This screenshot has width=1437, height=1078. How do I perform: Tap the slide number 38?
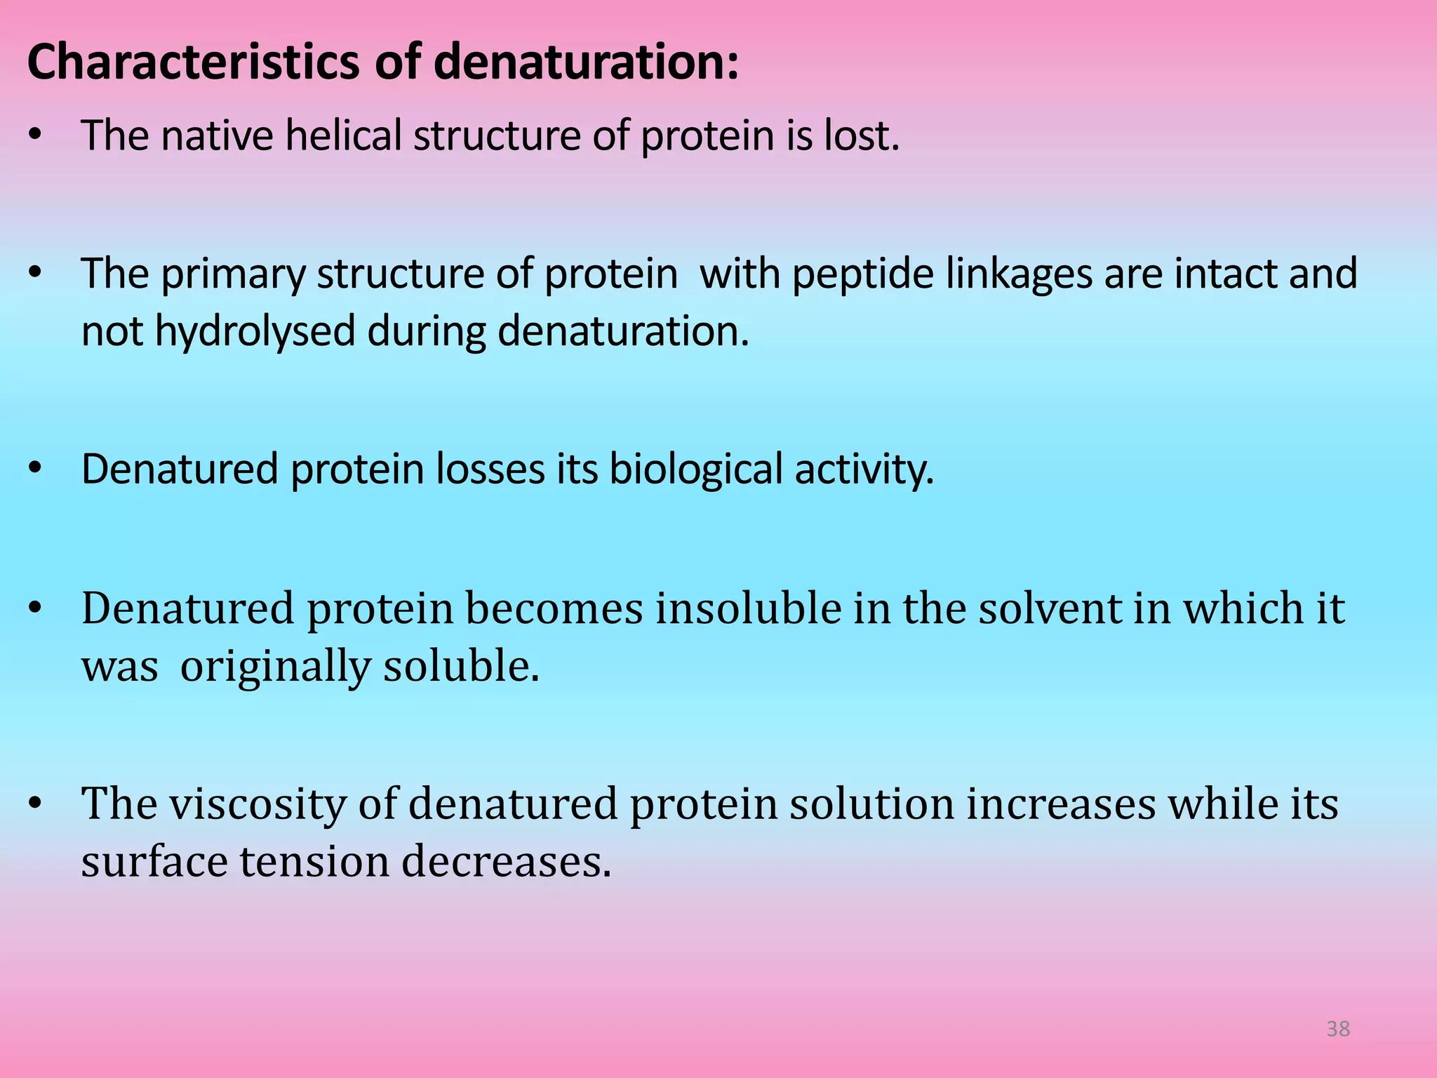1338,1029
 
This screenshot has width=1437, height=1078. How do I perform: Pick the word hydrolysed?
255,331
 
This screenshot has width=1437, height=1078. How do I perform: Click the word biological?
695,470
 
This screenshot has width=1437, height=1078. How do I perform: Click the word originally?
275,667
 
